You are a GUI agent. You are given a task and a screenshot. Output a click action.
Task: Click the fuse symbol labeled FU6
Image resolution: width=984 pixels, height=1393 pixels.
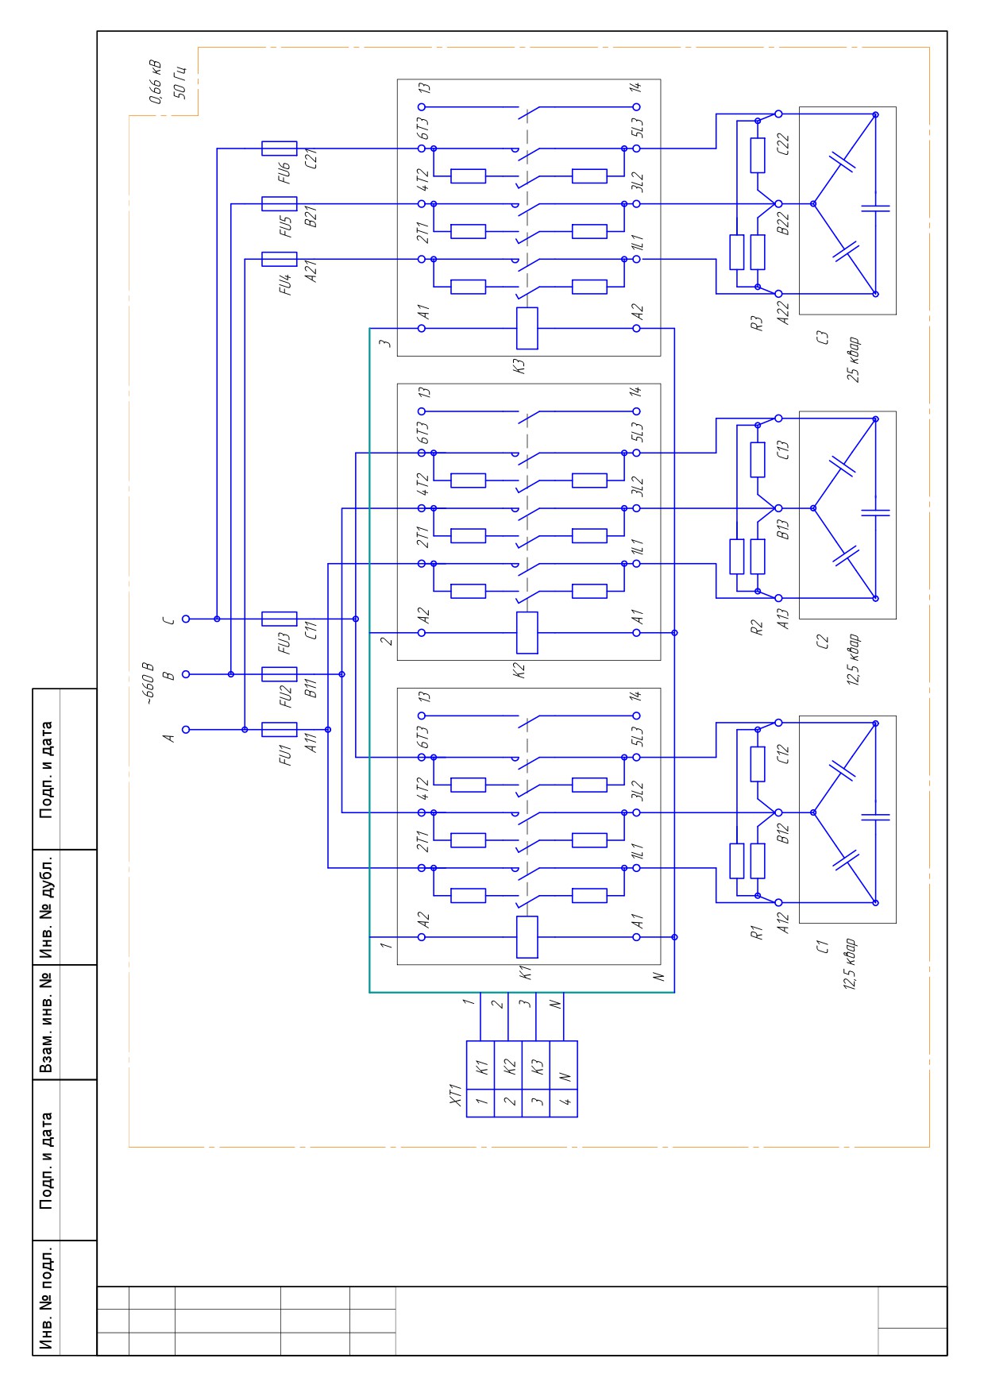point(279,149)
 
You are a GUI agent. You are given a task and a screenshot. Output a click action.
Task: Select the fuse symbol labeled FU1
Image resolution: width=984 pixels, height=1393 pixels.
point(279,729)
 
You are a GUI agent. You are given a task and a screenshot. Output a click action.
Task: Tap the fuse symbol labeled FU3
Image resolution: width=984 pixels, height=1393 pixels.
point(279,619)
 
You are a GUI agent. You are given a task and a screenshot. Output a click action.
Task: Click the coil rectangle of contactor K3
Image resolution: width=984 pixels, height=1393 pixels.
point(527,328)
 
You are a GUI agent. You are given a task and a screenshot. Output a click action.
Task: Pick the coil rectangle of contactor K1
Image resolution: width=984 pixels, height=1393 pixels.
point(527,937)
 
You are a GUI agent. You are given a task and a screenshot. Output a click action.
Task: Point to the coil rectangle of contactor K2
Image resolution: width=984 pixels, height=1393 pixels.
point(527,633)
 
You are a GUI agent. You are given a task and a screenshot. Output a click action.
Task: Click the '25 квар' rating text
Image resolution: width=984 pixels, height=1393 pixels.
point(853,360)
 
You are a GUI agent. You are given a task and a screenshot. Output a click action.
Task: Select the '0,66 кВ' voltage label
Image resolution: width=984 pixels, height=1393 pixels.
point(156,82)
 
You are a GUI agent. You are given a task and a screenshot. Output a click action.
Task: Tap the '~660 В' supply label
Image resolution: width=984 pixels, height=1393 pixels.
point(148,682)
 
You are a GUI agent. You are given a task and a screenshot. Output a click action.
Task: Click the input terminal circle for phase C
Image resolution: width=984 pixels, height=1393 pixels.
point(186,619)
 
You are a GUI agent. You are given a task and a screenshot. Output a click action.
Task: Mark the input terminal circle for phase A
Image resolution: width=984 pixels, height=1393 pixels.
point(186,729)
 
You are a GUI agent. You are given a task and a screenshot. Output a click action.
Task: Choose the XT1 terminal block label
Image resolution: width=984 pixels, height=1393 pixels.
point(455,1094)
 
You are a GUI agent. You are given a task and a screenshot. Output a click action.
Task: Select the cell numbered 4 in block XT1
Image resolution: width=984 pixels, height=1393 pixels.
point(564,1103)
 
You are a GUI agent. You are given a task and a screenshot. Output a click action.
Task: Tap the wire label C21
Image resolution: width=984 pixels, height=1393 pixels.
point(311,159)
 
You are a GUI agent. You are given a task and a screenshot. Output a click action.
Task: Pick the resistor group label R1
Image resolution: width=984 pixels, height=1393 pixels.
point(756,932)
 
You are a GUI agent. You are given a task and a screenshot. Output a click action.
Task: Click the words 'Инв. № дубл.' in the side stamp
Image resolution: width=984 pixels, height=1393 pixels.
point(48,907)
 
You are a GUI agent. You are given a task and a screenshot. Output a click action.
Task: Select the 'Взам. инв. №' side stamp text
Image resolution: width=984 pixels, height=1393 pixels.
point(48,1022)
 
